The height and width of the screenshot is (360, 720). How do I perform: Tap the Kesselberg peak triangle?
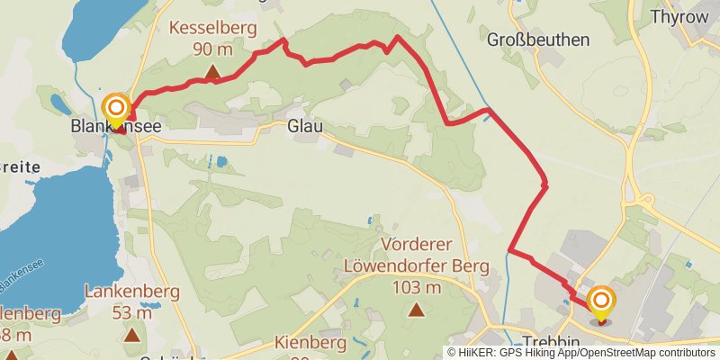[213, 71]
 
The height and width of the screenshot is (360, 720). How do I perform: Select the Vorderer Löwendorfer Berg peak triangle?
[416, 310]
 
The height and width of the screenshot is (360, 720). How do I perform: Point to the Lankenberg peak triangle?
[132, 335]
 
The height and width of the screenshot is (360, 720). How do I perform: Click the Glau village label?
[304, 128]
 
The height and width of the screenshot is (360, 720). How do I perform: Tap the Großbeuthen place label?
[538, 40]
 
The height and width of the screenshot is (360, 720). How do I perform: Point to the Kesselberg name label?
[213, 28]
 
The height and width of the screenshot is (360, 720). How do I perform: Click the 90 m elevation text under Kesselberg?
[213, 49]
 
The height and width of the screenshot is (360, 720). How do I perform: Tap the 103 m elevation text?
[417, 288]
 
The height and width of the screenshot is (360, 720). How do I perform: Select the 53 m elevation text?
[132, 312]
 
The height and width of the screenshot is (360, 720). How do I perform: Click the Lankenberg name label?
[132, 292]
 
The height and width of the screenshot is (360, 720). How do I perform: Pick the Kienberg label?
[309, 343]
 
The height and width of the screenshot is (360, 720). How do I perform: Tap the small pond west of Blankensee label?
[58, 101]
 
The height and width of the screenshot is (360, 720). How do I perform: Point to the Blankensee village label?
[116, 129]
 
